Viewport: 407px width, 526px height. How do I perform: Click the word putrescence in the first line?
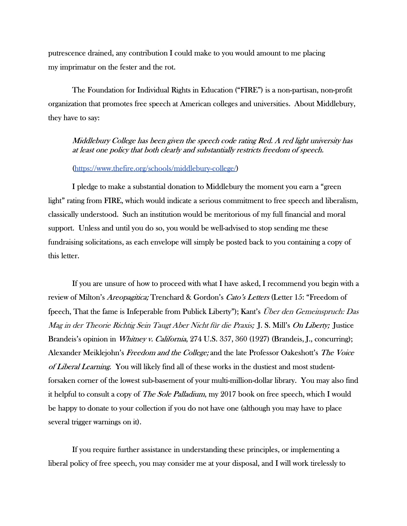(67, 53)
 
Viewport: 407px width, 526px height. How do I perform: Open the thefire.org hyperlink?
(155, 168)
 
